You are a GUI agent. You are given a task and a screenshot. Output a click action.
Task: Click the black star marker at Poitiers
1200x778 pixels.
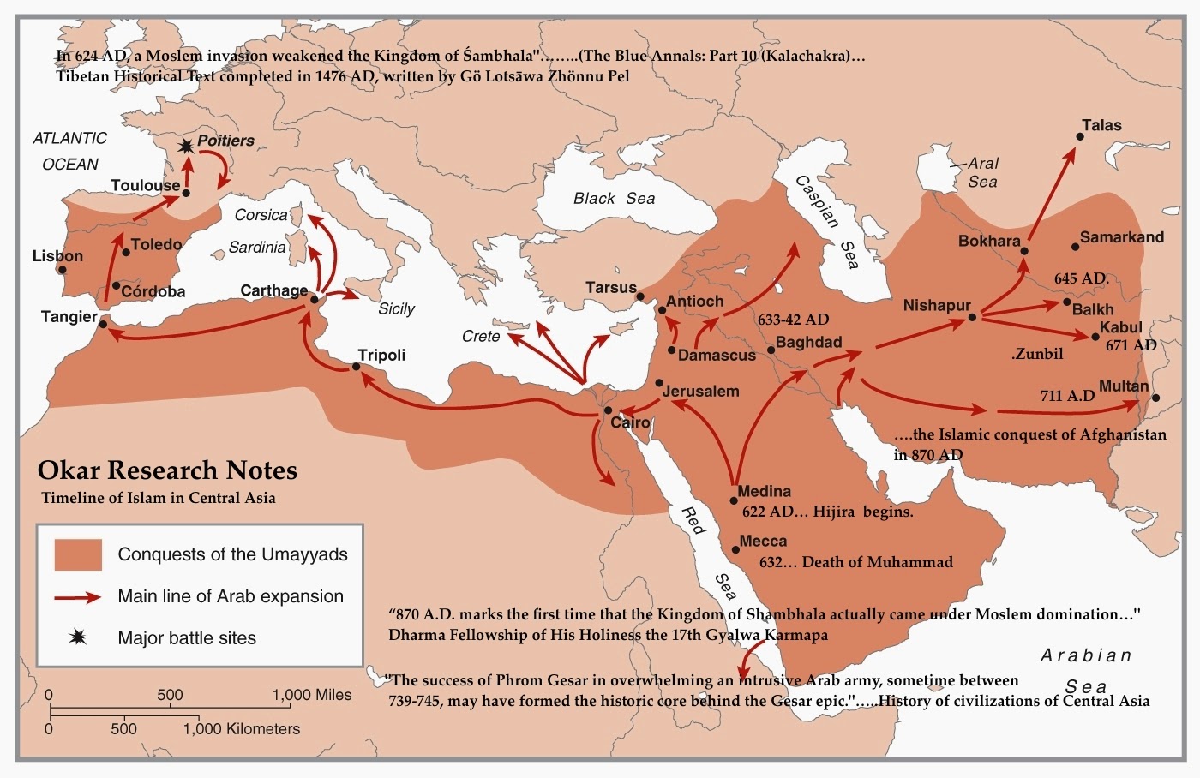[x=185, y=147]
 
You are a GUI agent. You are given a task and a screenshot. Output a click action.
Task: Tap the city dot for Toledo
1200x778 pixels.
[x=125, y=253]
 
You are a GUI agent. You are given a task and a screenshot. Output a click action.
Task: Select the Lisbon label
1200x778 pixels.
[x=57, y=256]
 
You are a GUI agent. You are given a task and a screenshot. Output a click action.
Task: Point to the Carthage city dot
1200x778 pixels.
[x=314, y=299]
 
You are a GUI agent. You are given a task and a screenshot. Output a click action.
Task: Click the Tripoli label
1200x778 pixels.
[x=381, y=355]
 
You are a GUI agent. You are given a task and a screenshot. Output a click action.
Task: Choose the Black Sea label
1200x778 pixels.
[x=614, y=199]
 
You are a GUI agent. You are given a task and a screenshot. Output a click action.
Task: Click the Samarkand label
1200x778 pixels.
[x=1121, y=237]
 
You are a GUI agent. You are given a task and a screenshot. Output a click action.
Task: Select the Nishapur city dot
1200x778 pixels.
[x=972, y=317]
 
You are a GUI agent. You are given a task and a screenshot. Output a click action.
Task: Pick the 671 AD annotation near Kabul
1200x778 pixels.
[x=1131, y=345]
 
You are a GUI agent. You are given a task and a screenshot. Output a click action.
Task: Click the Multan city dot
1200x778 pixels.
[x=1155, y=398]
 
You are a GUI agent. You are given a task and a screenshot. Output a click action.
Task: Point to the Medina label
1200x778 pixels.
[x=764, y=492]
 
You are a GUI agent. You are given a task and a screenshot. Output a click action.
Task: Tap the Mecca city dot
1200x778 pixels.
[x=735, y=549]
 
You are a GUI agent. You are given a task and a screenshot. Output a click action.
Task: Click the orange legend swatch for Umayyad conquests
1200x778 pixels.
[x=78, y=554]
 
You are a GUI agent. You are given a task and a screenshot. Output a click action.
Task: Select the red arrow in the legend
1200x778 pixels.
[x=78, y=597]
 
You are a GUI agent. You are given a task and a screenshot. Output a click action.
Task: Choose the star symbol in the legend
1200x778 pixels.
[x=78, y=637]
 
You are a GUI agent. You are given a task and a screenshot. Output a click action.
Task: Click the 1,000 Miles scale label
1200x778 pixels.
[x=312, y=695]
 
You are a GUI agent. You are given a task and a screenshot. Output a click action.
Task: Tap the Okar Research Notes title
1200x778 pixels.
[x=167, y=470]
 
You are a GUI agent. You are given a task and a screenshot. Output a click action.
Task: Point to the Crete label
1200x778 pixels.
[x=481, y=336]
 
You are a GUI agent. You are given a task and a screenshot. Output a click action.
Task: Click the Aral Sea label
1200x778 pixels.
[x=982, y=172]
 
